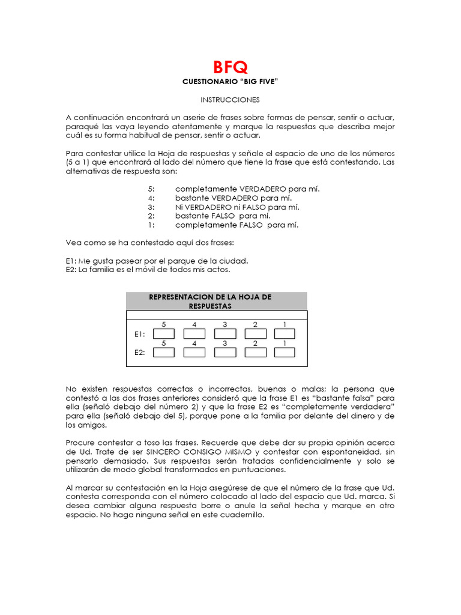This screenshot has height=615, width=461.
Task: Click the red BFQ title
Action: click(230, 67)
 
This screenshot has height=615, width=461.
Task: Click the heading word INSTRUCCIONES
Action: click(230, 99)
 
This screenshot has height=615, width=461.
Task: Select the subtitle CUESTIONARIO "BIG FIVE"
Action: click(230, 81)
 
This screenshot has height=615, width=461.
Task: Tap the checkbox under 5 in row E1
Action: click(164, 334)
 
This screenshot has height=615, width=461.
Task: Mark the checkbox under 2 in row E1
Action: click(255, 334)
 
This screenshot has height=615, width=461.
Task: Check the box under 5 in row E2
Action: click(164, 353)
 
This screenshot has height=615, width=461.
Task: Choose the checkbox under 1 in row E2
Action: click(285, 353)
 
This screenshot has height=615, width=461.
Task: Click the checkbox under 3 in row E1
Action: click(224, 334)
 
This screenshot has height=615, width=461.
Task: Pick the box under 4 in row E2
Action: click(194, 353)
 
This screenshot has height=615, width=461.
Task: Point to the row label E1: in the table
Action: click(139, 334)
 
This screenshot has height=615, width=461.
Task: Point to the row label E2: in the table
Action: click(139, 353)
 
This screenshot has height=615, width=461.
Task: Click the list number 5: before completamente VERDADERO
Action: click(151, 189)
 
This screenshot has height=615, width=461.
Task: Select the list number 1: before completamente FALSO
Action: click(151, 225)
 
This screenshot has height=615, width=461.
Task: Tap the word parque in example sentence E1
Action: click(181, 261)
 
